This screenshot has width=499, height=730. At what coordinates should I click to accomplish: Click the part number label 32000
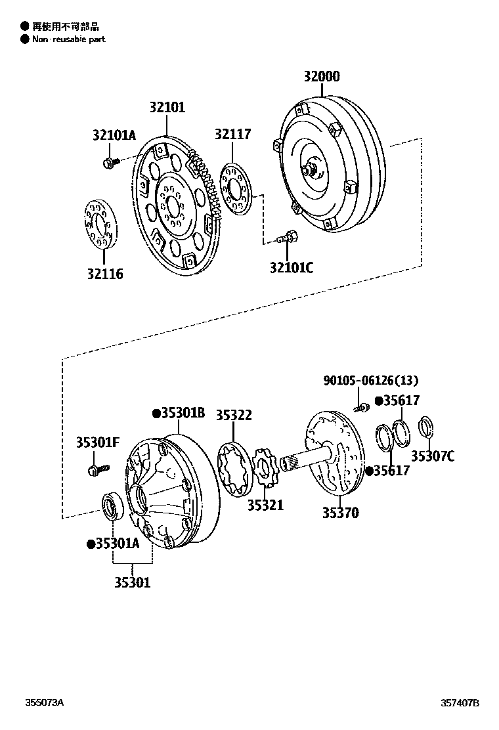321,77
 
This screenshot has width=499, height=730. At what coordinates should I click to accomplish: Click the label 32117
232,134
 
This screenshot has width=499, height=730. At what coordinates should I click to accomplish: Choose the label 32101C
291,267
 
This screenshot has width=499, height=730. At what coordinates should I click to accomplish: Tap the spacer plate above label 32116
98,223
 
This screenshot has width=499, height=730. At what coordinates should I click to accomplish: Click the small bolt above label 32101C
288,237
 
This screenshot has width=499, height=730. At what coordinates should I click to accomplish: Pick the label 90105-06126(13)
370,381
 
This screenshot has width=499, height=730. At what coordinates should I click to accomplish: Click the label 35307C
432,456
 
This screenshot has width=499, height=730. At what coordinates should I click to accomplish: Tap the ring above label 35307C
425,427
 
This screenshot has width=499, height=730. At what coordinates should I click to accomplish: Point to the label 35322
234,416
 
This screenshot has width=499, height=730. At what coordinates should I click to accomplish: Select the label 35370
340,513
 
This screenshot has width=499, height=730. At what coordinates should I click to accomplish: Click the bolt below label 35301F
96,469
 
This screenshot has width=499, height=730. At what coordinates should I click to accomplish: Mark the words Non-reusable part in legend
68,39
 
